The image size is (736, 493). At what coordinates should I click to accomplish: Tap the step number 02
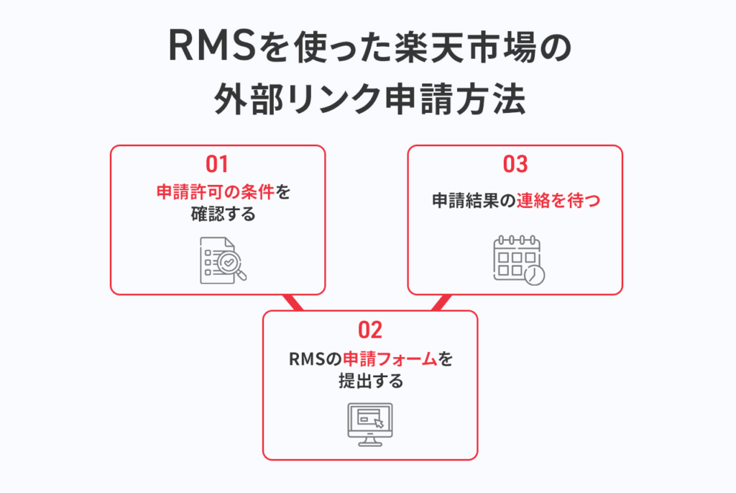[x=369, y=330]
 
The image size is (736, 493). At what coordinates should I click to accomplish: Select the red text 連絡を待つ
[x=557, y=202]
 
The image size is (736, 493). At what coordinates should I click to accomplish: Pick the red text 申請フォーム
[x=390, y=358]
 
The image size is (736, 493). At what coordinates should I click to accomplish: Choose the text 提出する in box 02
[x=370, y=381]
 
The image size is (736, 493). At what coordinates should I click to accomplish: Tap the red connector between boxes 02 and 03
[x=440, y=302]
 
